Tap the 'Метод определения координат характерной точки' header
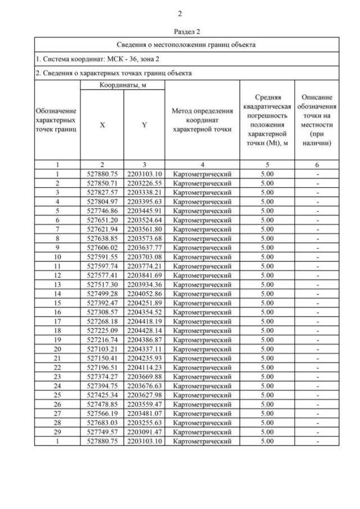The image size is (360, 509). (202, 120)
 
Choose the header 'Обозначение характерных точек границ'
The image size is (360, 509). (56, 120)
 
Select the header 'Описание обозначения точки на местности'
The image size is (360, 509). (318, 120)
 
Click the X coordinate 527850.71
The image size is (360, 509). (102, 183)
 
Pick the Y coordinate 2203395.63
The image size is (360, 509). (144, 201)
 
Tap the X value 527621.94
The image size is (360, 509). (102, 229)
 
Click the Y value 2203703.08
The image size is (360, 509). (144, 256)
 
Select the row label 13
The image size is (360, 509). (57, 284)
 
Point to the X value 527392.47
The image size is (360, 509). (102, 303)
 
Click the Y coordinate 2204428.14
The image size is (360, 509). (144, 330)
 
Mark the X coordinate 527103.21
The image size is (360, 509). (102, 349)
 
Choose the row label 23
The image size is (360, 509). (57, 376)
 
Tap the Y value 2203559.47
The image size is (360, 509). (144, 404)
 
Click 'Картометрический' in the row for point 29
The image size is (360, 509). (202, 431)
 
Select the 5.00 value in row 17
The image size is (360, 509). (267, 321)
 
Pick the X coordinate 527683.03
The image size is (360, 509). (102, 422)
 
